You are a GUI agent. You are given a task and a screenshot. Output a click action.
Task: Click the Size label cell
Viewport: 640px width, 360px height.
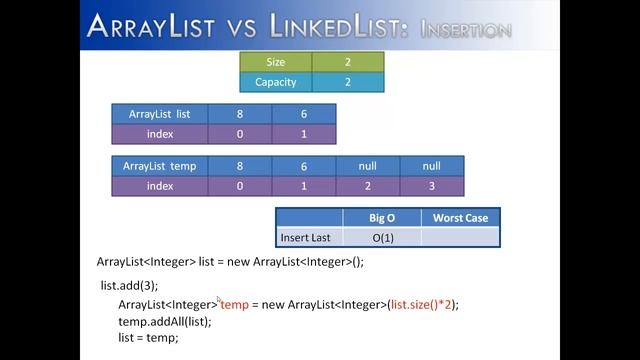pos(276,62)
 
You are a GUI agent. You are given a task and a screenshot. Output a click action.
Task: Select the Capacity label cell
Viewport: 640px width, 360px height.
pos(276,82)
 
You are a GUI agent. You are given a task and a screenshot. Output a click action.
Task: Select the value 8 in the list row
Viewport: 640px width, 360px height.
pos(240,114)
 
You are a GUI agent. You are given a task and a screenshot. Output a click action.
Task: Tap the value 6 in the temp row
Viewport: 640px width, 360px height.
pos(304,166)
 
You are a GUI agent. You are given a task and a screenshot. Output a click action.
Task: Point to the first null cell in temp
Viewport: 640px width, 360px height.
pos(368,166)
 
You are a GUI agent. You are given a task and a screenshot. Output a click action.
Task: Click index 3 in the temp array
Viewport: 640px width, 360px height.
pos(432,186)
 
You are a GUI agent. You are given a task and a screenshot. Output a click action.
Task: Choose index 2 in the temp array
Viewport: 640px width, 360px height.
pos(368,186)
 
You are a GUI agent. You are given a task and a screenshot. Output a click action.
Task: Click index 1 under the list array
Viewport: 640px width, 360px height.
pos(304,134)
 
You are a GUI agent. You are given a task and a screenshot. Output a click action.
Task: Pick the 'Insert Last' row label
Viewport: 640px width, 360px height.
pos(308,237)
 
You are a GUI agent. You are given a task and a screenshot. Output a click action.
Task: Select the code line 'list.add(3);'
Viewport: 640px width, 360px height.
pos(130,286)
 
